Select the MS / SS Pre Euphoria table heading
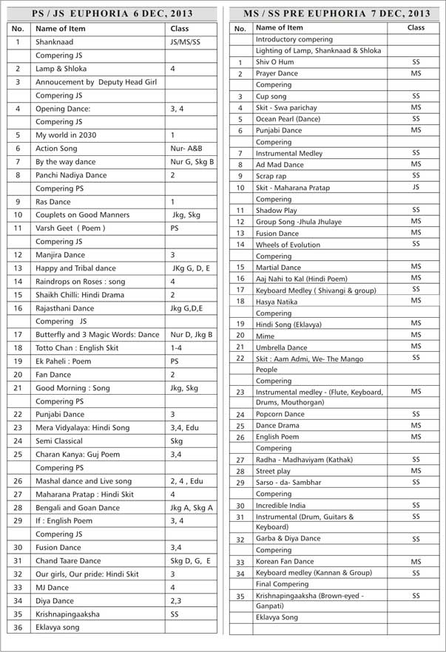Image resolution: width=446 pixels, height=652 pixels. (337, 13)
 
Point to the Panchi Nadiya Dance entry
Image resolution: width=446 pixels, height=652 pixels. (71, 175)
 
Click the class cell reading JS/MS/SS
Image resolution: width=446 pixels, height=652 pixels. (185, 42)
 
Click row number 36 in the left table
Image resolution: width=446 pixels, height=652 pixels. (18, 628)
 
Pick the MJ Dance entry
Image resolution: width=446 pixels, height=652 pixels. (52, 588)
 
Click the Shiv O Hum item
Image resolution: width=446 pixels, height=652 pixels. (274, 63)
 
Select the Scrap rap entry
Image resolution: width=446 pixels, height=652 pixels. (271, 176)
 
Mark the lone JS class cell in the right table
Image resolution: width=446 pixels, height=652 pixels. (416, 188)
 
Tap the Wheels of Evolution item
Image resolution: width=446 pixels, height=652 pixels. (288, 245)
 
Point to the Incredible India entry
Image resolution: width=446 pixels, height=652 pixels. (280, 506)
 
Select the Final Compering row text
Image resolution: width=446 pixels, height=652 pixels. (283, 584)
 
